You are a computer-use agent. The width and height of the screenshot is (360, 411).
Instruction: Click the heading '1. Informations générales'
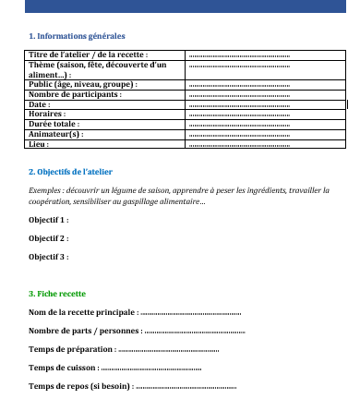(78, 35)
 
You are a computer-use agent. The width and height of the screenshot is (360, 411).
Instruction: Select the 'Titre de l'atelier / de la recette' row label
(89, 54)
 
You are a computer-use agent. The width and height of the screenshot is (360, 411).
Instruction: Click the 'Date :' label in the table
(40, 104)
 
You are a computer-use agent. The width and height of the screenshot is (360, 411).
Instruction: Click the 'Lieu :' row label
(39, 144)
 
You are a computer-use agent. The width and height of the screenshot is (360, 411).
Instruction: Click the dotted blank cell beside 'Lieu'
(239, 144)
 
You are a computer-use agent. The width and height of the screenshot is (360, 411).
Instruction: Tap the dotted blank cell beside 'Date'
(239, 104)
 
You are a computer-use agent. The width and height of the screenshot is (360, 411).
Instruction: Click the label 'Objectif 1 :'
(48, 221)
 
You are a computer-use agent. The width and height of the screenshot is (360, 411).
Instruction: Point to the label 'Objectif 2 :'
(48, 238)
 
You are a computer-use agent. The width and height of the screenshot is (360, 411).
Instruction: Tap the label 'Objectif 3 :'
(48, 256)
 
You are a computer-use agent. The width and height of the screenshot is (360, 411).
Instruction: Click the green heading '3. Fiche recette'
(57, 294)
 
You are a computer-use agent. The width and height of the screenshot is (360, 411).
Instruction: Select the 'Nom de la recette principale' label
(83, 312)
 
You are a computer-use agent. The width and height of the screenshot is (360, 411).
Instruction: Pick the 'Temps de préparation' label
(73, 349)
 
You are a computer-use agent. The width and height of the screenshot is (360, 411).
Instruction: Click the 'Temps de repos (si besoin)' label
(81, 386)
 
